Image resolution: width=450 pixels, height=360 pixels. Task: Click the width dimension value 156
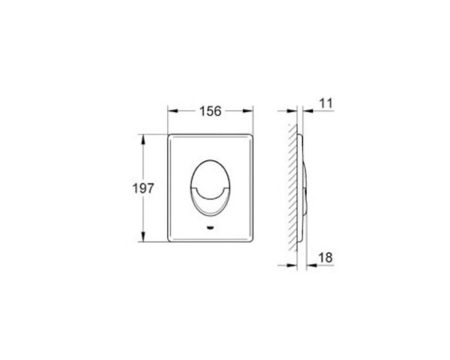210,111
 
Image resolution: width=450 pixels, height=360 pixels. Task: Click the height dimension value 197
143,189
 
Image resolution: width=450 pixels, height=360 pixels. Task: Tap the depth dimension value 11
326,103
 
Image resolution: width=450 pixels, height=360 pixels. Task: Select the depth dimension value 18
326,258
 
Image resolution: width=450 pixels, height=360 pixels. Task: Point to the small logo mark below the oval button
210,228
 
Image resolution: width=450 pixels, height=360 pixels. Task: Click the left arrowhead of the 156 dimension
173,111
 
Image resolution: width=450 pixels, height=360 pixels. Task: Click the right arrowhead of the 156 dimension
248,111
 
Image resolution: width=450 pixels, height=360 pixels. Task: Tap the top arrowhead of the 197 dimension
143,139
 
